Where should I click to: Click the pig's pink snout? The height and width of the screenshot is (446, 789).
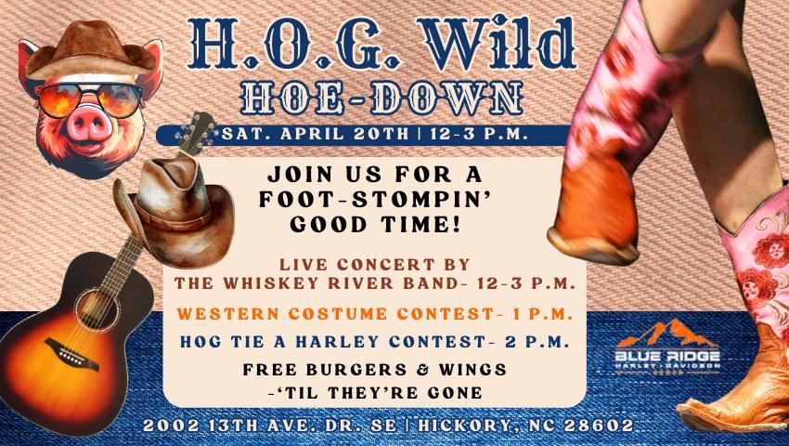[x=89, y=125]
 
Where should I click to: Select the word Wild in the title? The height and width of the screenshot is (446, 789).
[x=497, y=45]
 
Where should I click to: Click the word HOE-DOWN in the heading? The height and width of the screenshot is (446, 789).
[x=382, y=98]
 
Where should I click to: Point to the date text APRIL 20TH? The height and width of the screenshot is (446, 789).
[x=344, y=135]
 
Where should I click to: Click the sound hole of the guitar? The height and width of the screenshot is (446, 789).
[x=97, y=310]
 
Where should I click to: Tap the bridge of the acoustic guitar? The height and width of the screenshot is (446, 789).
[x=72, y=354]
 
